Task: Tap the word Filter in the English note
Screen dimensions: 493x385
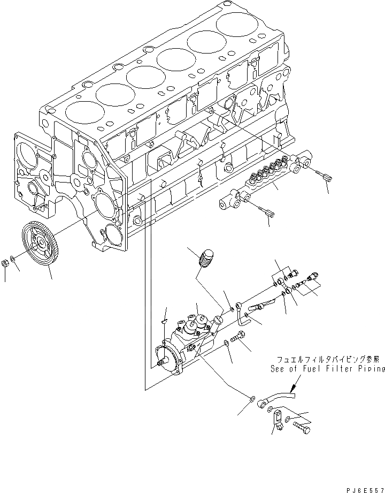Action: pyautogui.click(x=324, y=369)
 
